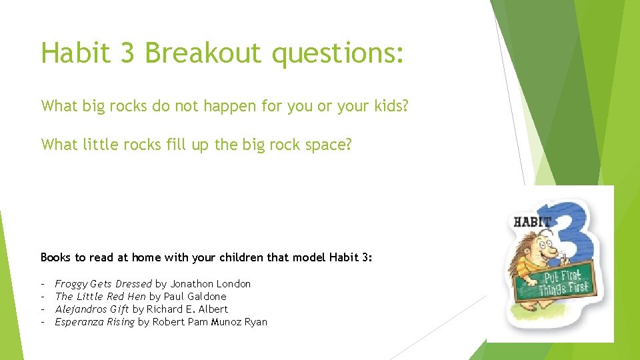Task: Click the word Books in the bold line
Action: click(55, 257)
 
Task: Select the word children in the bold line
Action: click(239, 257)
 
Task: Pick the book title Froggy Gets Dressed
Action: click(103, 283)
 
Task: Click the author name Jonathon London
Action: click(210, 283)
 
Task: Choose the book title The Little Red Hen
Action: click(100, 296)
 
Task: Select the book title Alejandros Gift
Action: click(92, 309)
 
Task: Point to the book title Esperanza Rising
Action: click(95, 322)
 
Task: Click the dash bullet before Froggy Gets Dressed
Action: click(43, 283)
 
